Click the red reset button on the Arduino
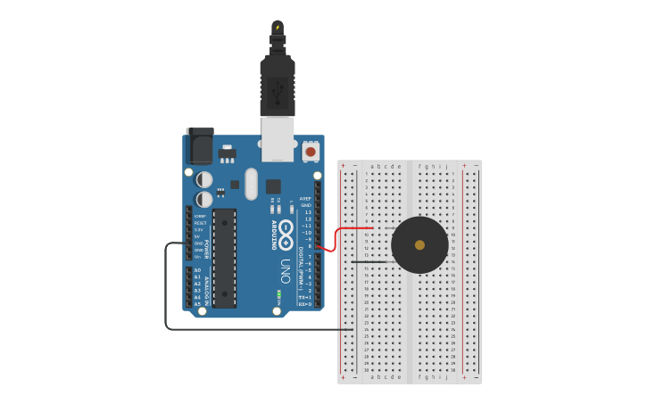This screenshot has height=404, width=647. click(311, 152)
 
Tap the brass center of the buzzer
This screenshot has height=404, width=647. click(419, 244)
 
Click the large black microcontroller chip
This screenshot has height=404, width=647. click(224, 259)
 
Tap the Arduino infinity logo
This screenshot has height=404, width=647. click(286, 235)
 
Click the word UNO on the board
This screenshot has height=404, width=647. click(286, 270)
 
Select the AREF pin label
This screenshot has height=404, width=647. click(305, 199)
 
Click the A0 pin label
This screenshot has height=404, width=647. click(197, 269)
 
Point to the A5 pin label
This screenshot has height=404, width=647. click(197, 304)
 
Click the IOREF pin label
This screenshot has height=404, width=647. click(200, 216)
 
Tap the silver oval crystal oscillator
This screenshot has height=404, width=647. click(251, 184)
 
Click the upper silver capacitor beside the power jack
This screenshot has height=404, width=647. click(205, 179)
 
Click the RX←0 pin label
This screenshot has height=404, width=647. click(304, 304)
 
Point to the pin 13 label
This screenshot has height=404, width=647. click(308, 211)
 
